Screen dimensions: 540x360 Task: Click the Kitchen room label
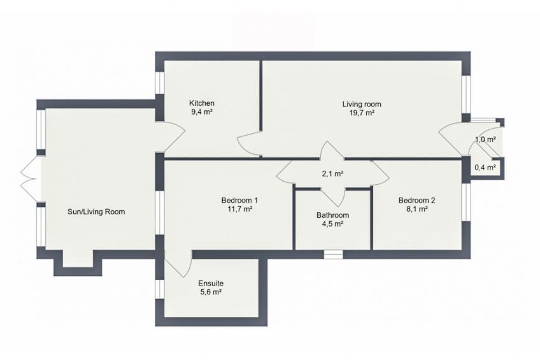pyautogui.click(x=201, y=103)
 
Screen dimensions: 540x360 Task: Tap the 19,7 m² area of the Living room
pyautogui.click(x=362, y=113)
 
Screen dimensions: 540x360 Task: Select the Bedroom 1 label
pyautogui.click(x=239, y=200)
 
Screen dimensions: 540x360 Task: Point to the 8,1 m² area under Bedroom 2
pyautogui.click(x=416, y=209)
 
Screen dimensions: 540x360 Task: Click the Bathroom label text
pyautogui.click(x=332, y=215)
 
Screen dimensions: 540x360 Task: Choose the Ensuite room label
pyautogui.click(x=211, y=284)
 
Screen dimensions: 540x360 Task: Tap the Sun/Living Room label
pyautogui.click(x=96, y=212)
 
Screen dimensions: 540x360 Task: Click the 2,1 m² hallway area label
pyautogui.click(x=332, y=174)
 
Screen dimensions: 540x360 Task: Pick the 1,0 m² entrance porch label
pyautogui.click(x=486, y=140)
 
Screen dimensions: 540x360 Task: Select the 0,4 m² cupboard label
pyautogui.click(x=485, y=168)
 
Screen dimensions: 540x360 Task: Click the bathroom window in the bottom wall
pyautogui.click(x=334, y=255)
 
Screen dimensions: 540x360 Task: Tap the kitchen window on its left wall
pyautogui.click(x=159, y=83)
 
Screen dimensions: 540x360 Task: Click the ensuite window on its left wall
pyautogui.click(x=159, y=289)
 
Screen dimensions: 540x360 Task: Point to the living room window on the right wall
pyautogui.click(x=466, y=94)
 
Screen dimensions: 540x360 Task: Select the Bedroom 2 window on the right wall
pyautogui.click(x=466, y=202)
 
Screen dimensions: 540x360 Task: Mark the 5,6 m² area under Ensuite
pyautogui.click(x=211, y=292)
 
